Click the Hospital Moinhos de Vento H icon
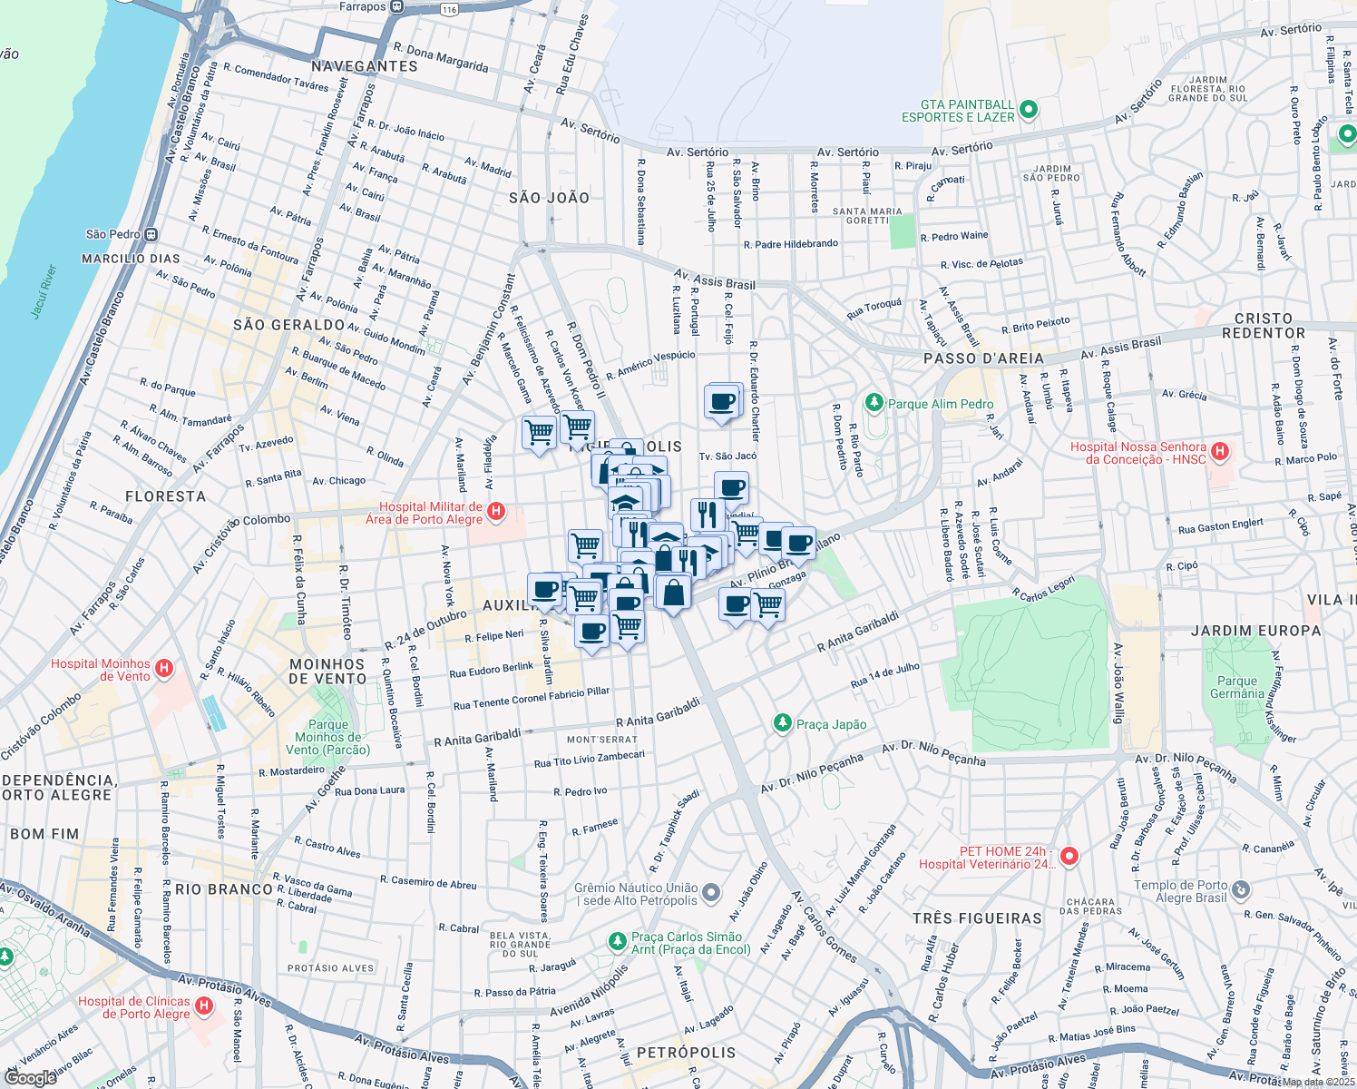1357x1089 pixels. pos(164,670)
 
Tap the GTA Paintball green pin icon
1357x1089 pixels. pos(1028,111)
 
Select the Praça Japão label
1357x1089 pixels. pos(831,724)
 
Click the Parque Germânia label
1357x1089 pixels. pos(1236,687)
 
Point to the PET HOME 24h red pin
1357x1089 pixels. pos(1069,856)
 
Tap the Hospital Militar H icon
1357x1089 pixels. pos(496,513)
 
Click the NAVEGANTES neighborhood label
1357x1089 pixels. pos(364,66)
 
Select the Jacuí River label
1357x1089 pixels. pos(44,291)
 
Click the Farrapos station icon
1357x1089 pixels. pos(397,6)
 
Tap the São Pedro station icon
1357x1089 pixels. pos(151,234)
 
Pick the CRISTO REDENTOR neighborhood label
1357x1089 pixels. pos(1263,326)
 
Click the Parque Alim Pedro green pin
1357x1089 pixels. pos(874,403)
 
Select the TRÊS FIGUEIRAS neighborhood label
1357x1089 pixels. pos(977,918)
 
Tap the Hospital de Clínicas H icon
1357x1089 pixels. pos(204,1006)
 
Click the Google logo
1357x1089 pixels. pos(30,1077)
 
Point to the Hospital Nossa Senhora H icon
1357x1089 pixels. pos(1220,451)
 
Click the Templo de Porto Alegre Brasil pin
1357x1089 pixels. pos(1241,890)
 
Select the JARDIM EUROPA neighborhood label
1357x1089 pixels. pos(1255,631)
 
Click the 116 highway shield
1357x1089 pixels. pos(448,10)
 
